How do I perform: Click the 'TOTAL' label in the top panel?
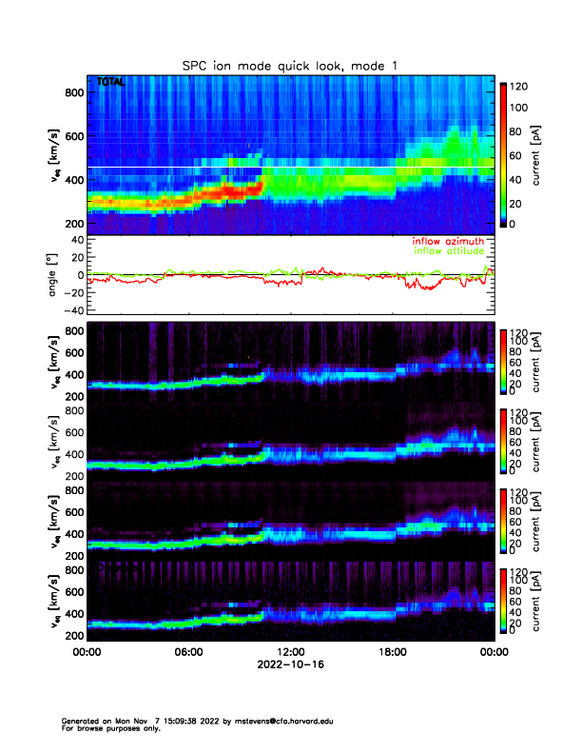pyautogui.click(x=110, y=83)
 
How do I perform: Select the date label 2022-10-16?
pyautogui.click(x=290, y=665)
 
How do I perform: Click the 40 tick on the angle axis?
pyautogui.click(x=72, y=240)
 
